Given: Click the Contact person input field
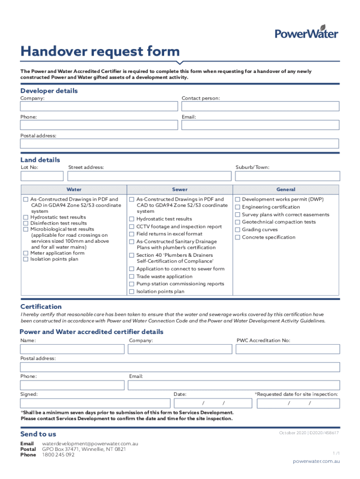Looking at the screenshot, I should point(260,106).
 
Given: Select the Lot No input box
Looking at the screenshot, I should point(42,176).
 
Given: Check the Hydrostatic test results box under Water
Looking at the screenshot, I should point(26,218).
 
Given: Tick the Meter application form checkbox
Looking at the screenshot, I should point(26,253).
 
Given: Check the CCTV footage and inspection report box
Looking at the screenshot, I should point(132,227).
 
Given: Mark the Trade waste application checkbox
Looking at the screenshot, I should point(132,276).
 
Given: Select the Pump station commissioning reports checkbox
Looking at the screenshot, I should point(132,284).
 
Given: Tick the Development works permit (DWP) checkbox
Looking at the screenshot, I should point(238,200).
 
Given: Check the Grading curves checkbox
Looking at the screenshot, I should point(238,230).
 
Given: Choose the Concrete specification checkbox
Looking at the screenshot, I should point(238,237).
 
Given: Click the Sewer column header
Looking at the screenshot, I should point(180,189).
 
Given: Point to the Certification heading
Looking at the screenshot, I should point(41,306).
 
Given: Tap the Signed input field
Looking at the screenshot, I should point(94,403).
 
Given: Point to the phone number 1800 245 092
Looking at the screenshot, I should point(58,455).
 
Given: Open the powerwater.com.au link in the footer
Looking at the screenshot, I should point(316,461).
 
